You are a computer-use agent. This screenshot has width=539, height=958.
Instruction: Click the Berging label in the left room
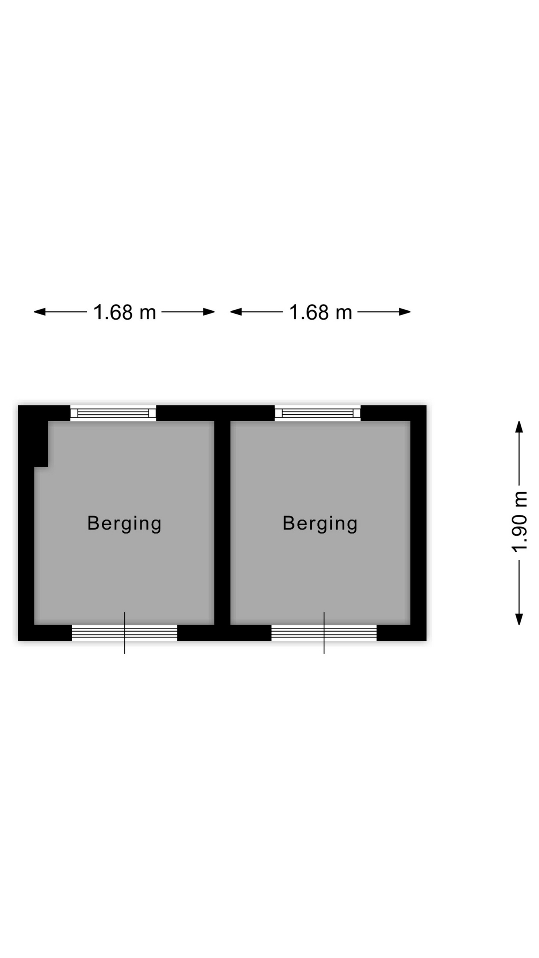coord(124,523)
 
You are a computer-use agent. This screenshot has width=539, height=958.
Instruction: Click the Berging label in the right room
coord(320,523)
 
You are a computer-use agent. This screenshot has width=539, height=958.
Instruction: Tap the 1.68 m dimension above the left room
coord(125,312)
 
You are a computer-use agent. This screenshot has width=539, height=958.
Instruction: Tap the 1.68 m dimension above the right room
coord(321,312)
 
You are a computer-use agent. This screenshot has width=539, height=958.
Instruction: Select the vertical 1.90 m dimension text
coord(520,522)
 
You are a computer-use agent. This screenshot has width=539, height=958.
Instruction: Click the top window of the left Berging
coord(113,413)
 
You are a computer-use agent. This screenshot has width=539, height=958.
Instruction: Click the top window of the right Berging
coord(318,413)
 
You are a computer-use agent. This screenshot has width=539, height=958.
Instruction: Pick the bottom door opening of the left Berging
coord(125,633)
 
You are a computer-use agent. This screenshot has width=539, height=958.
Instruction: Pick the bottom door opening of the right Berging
coord(324,633)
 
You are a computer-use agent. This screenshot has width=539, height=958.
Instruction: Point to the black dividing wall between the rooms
coord(222,522)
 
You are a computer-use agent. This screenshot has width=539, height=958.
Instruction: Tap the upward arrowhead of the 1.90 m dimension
coord(519,427)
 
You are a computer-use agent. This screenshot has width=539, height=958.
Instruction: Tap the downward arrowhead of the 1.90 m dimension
coord(519,619)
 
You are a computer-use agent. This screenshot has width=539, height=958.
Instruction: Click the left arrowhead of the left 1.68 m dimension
coord(40,312)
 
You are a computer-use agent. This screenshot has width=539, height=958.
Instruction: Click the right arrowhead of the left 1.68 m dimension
coord(209,312)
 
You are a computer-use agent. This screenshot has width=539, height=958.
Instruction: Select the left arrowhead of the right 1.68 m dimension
coord(236,312)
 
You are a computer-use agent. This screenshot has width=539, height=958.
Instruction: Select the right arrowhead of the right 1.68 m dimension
coord(405,312)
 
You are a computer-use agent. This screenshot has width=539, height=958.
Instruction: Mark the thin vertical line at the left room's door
coord(125,633)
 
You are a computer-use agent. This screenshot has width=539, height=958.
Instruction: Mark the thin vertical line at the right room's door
coord(324,633)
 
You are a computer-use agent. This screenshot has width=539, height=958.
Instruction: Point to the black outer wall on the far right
coord(419,523)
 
